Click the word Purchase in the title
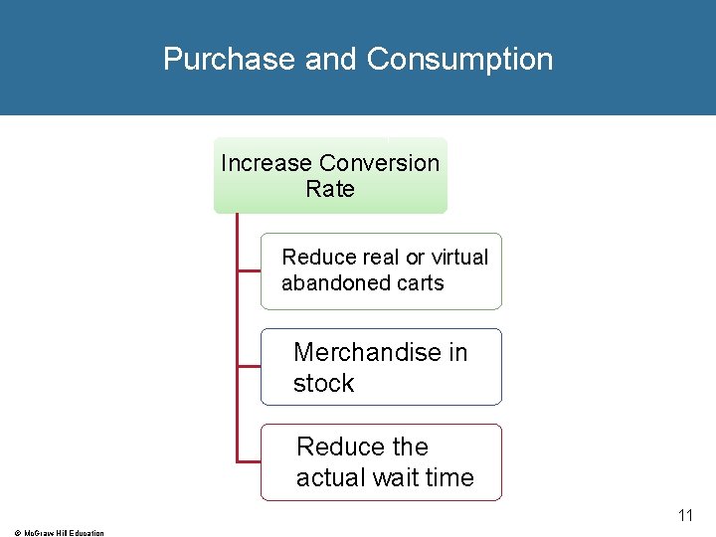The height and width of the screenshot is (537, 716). point(230,60)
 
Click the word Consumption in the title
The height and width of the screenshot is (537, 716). point(459,60)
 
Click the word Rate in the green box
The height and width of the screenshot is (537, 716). point(330,189)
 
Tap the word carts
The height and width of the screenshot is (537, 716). point(421,283)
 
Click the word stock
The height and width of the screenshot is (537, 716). point(323,384)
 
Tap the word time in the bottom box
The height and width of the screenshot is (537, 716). point(450,478)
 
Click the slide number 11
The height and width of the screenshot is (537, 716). point(685,515)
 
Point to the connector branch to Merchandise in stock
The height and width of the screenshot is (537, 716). point(249,366)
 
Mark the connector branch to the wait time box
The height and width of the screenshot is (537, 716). point(249,461)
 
